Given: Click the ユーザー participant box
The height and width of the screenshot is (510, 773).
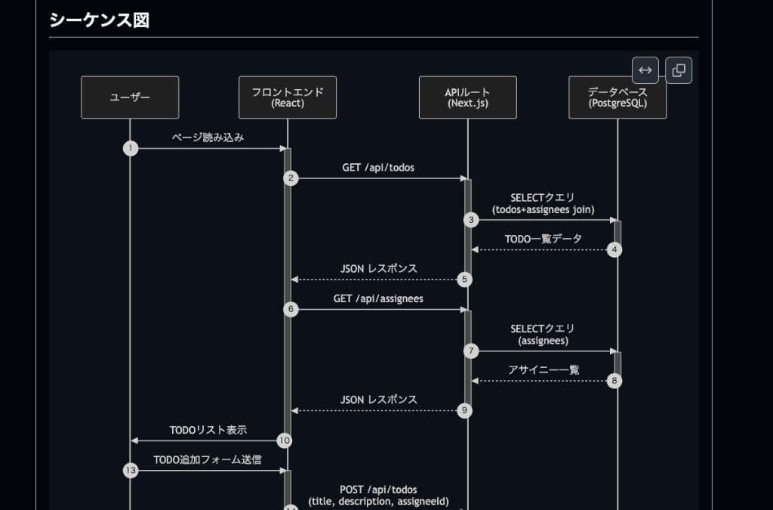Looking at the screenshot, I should click(130, 97).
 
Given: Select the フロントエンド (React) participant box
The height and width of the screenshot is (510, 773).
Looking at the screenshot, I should click(288, 97).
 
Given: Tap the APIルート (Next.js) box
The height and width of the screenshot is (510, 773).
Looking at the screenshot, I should click(468, 97).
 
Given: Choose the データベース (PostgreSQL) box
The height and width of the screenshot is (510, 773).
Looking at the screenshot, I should click(617, 97).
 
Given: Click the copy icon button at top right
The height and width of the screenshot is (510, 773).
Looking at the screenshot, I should click(679, 70).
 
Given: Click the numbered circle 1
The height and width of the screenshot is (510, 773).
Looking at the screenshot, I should click(131, 148).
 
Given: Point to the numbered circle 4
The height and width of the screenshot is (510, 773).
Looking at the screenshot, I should click(614, 249).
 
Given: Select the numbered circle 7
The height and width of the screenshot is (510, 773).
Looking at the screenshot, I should click(472, 351).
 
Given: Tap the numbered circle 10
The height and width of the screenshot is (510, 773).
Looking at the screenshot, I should click(285, 440).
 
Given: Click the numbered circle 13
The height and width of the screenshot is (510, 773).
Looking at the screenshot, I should click(131, 471).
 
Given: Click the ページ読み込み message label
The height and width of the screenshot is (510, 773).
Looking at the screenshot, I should click(208, 138).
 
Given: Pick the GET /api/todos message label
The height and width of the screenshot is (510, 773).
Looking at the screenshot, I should click(378, 168).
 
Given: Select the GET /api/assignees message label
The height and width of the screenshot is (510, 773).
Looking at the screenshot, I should click(378, 298).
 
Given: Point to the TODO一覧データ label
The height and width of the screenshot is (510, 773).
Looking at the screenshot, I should click(544, 239).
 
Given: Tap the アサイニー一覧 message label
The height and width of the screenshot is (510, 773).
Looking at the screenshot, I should click(544, 369).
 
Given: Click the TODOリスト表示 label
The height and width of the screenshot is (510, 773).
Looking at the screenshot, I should click(208, 430).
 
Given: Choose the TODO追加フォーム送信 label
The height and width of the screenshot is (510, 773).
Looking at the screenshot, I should click(208, 459).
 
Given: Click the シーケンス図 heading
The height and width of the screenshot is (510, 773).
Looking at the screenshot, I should click(99, 20).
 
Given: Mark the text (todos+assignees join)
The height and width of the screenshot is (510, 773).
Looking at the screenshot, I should click(543, 209).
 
